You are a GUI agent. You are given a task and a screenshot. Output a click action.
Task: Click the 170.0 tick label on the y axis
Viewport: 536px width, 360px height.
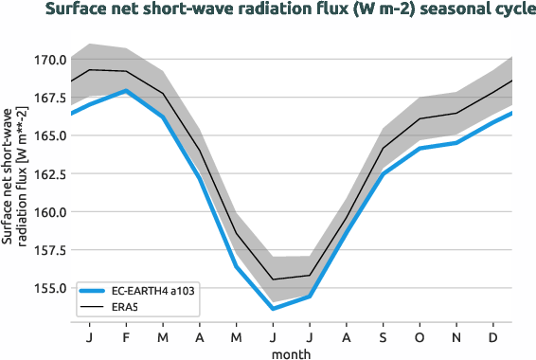[48, 60]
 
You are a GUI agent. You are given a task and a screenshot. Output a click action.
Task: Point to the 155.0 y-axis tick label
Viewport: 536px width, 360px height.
[48, 288]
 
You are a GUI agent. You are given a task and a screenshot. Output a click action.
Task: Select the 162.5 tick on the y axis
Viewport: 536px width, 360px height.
[48, 174]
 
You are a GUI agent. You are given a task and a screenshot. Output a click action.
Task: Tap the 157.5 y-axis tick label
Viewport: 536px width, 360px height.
[48, 250]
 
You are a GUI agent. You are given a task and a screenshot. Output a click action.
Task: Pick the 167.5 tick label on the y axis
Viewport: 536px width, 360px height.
[48, 98]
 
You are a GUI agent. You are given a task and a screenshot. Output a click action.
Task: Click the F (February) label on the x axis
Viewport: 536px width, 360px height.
[126, 336]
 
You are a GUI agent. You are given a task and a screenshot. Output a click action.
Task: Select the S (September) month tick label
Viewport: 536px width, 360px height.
[384, 336]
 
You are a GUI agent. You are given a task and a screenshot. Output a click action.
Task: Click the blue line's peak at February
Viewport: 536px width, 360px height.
[126, 91]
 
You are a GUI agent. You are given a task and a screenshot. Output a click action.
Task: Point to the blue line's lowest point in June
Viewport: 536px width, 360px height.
[273, 309]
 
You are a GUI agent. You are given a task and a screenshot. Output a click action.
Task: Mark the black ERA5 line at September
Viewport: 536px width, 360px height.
[384, 148]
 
